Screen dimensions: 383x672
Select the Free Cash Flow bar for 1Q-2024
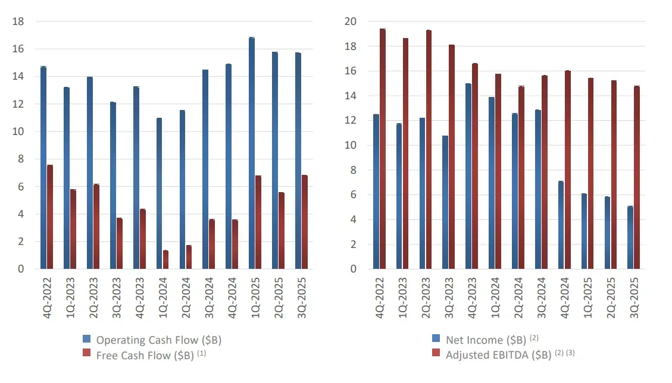[x=165, y=260]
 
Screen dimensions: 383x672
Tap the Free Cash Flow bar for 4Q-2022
[x=50, y=217]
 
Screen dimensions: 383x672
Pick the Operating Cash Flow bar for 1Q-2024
[x=159, y=194]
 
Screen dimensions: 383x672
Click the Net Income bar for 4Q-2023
[x=468, y=176]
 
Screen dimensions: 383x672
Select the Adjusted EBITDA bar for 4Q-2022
[x=383, y=149]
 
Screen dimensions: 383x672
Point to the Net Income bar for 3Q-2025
[x=630, y=238]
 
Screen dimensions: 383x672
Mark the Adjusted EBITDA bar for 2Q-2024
[x=521, y=178]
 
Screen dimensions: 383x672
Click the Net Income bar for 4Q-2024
[x=561, y=225]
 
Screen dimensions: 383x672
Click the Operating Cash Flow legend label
[x=158, y=340]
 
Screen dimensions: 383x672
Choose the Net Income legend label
[x=486, y=340]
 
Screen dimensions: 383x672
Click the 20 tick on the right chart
[x=351, y=21]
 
